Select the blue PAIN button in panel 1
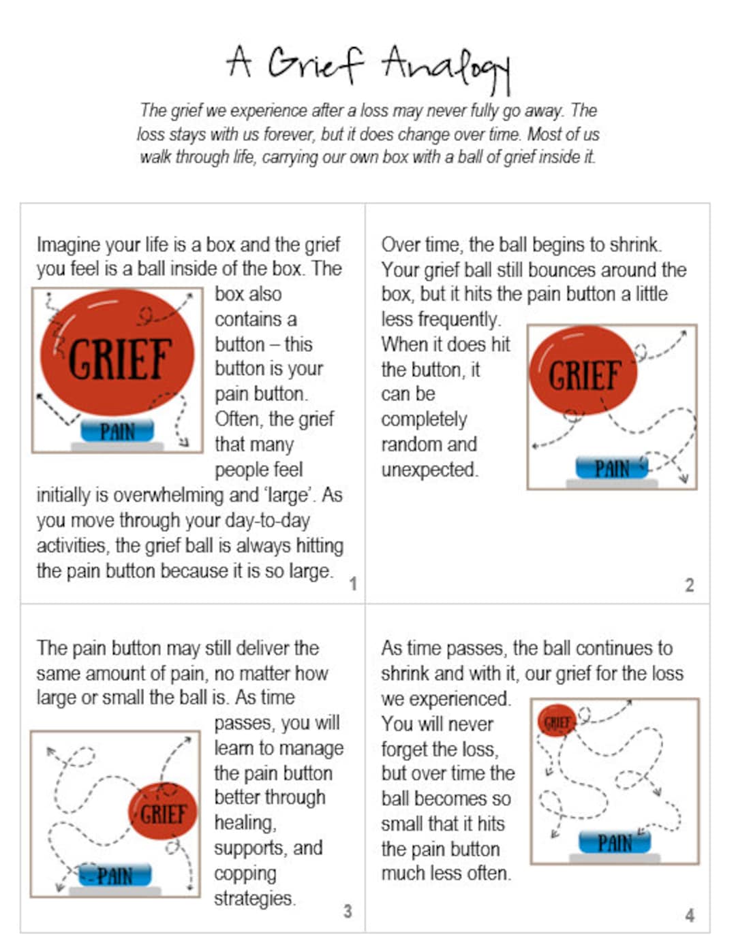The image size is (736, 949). click(117, 431)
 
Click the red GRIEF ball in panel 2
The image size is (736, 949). click(583, 372)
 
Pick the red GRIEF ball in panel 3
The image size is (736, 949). click(163, 812)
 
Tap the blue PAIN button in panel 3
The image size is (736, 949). click(114, 875)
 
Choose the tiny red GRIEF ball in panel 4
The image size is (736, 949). click(557, 722)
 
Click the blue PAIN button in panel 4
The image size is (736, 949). click(615, 843)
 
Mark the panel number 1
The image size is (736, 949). click(353, 583)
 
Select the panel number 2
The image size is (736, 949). click(689, 585)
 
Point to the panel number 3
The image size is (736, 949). click(348, 911)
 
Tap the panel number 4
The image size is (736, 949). click(690, 915)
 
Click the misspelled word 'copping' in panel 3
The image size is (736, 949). click(245, 873)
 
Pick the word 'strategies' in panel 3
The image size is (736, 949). click(254, 899)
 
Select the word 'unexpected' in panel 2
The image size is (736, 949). click(429, 470)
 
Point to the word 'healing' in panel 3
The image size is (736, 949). click(245, 823)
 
